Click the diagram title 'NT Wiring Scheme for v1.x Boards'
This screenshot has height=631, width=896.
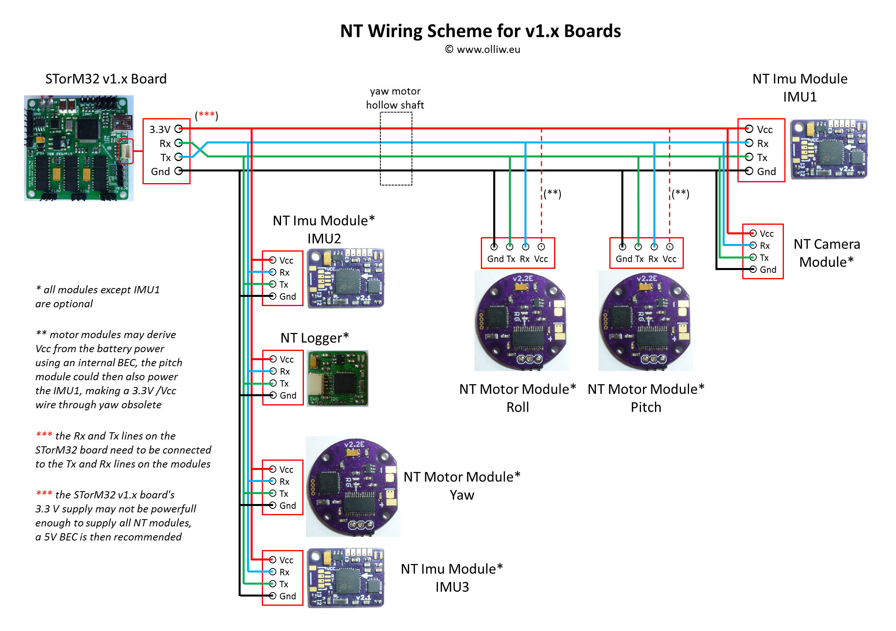click(480, 31)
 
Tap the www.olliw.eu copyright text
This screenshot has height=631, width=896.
click(483, 50)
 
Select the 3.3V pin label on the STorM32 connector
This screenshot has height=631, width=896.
click(160, 129)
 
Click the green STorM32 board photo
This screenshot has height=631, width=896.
click(79, 148)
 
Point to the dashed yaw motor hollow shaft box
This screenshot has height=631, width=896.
click(396, 149)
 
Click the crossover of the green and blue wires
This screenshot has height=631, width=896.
click(200, 149)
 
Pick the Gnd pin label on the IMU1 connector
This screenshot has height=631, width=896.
click(766, 171)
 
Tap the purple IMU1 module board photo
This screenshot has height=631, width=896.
click(828, 149)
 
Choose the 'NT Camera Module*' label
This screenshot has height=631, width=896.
click(826, 253)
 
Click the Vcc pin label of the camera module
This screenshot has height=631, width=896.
click(767, 234)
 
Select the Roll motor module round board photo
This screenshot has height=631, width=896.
click(521, 321)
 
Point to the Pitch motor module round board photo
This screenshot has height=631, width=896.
click(645, 321)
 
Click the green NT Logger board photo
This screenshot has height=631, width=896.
click(338, 378)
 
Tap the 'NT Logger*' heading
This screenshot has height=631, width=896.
click(314, 338)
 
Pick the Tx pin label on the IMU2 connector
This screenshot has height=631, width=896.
click(284, 284)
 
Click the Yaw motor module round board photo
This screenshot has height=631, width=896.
click(353, 486)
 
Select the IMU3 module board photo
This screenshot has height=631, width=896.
click(346, 577)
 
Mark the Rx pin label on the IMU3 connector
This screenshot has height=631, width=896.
click(284, 572)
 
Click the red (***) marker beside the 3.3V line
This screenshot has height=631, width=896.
click(206, 115)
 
